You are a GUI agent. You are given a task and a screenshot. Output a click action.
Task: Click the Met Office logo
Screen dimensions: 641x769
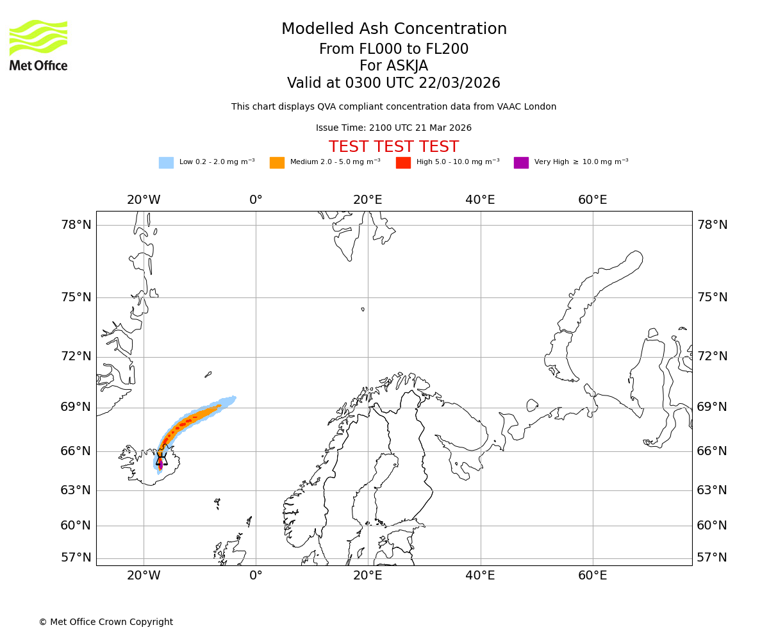click(x=38, y=45)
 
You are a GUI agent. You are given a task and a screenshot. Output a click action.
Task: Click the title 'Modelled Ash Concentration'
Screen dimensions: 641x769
click(x=394, y=29)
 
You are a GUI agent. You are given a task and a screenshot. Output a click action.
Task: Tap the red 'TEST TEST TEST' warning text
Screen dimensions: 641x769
click(x=393, y=147)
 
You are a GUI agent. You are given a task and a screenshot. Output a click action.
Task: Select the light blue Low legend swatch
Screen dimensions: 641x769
click(x=166, y=163)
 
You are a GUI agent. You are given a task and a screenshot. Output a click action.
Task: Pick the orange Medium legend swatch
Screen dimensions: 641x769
click(x=277, y=163)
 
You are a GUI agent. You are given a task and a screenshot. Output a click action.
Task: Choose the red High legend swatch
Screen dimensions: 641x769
click(x=403, y=163)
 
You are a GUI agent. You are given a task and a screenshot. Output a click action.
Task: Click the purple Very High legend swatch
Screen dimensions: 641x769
click(x=521, y=163)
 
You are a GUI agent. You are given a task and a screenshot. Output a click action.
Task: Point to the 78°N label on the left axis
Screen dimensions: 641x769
click(x=76, y=225)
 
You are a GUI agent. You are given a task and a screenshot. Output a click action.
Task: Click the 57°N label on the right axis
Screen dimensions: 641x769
click(x=712, y=558)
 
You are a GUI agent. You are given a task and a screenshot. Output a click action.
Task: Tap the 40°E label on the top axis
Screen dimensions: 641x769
click(x=480, y=200)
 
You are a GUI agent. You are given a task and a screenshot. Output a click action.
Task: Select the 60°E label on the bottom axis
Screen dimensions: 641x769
click(x=592, y=576)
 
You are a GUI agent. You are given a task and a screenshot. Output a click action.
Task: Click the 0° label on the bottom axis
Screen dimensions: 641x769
click(x=256, y=576)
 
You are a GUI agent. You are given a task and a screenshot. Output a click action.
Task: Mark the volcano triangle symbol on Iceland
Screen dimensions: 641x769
click(x=161, y=460)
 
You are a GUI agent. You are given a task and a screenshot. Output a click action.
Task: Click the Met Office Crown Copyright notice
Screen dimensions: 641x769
click(x=106, y=622)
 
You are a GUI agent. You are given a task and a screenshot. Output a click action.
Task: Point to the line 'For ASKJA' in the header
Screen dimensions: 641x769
click(x=393, y=66)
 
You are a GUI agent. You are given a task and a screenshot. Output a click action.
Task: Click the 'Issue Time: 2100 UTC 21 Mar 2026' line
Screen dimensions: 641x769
click(x=393, y=128)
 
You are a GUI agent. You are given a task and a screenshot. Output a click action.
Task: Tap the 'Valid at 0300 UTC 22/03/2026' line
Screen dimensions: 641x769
click(x=393, y=83)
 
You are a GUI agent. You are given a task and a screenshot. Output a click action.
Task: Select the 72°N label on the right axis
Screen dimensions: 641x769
click(x=712, y=356)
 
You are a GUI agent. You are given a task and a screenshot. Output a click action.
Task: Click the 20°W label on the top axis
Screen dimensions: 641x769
click(x=144, y=200)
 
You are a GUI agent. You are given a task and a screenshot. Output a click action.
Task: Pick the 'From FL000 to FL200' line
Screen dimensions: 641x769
click(x=393, y=49)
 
